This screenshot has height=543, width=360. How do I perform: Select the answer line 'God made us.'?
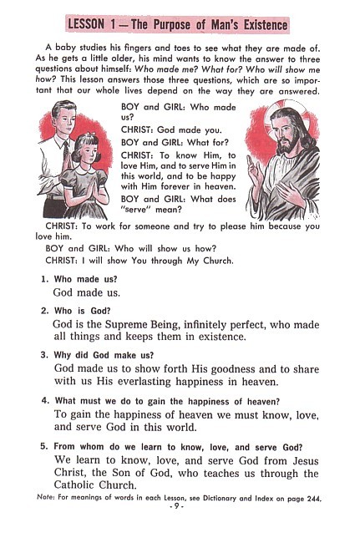[86, 293]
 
